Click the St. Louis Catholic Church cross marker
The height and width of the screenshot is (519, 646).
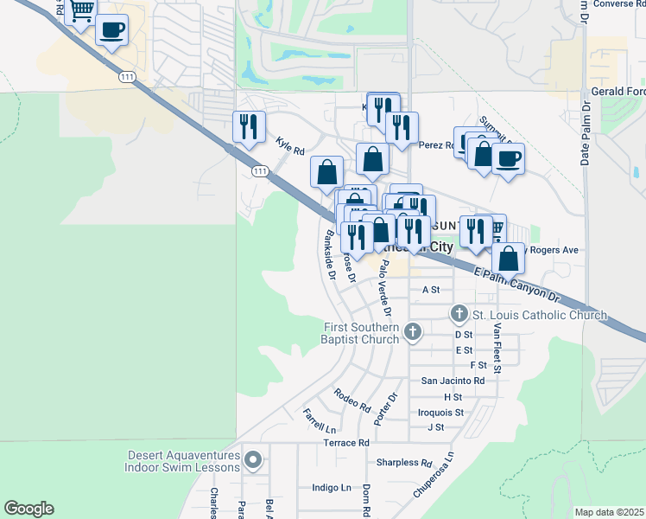(x=459, y=313)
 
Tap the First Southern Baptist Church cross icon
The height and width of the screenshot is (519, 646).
(x=413, y=330)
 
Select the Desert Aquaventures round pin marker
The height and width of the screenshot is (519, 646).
(x=252, y=459)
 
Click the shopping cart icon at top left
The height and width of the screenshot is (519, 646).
(x=80, y=11)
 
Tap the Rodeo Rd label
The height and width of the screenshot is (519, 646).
(x=352, y=399)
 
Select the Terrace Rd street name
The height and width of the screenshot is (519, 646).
(x=346, y=442)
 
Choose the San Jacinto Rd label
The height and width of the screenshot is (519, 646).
(x=453, y=380)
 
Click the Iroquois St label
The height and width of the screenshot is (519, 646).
(x=440, y=412)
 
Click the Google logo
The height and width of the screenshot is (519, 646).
(x=28, y=509)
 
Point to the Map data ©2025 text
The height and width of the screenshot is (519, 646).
(x=610, y=512)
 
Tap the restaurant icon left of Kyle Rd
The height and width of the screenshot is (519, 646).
(x=245, y=126)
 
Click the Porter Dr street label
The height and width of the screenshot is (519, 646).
(x=385, y=408)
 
